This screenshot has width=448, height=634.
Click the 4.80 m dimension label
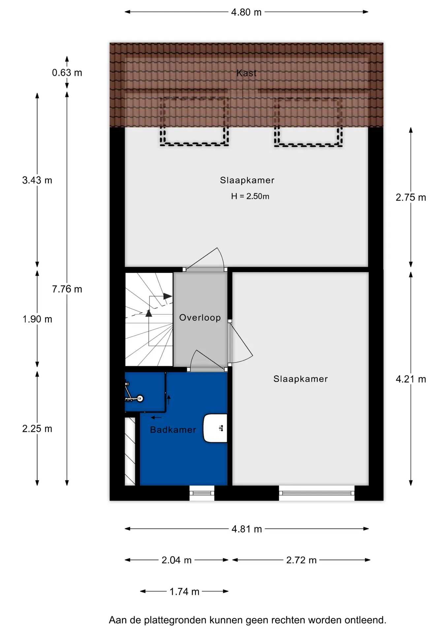pos(246,12)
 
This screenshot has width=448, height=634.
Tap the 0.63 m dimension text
pos(67,73)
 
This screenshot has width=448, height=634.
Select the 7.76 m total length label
pos(67,289)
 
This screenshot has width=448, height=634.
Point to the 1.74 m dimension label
pos(184,591)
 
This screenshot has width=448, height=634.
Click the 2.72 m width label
pos(301,560)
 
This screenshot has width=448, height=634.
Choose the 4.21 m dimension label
pos(411,379)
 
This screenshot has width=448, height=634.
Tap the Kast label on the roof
pos(246,73)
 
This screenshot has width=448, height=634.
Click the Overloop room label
pos(200,318)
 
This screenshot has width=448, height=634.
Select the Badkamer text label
pos(173,430)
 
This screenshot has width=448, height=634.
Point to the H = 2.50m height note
pos(250,196)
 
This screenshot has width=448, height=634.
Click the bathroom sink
pos(215,428)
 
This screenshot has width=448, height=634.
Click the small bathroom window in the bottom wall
pos(202,493)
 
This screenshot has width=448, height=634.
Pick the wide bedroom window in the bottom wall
pos(317,493)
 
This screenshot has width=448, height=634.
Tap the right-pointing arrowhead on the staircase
pos(168,296)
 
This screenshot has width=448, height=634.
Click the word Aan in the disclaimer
pos(118,620)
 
